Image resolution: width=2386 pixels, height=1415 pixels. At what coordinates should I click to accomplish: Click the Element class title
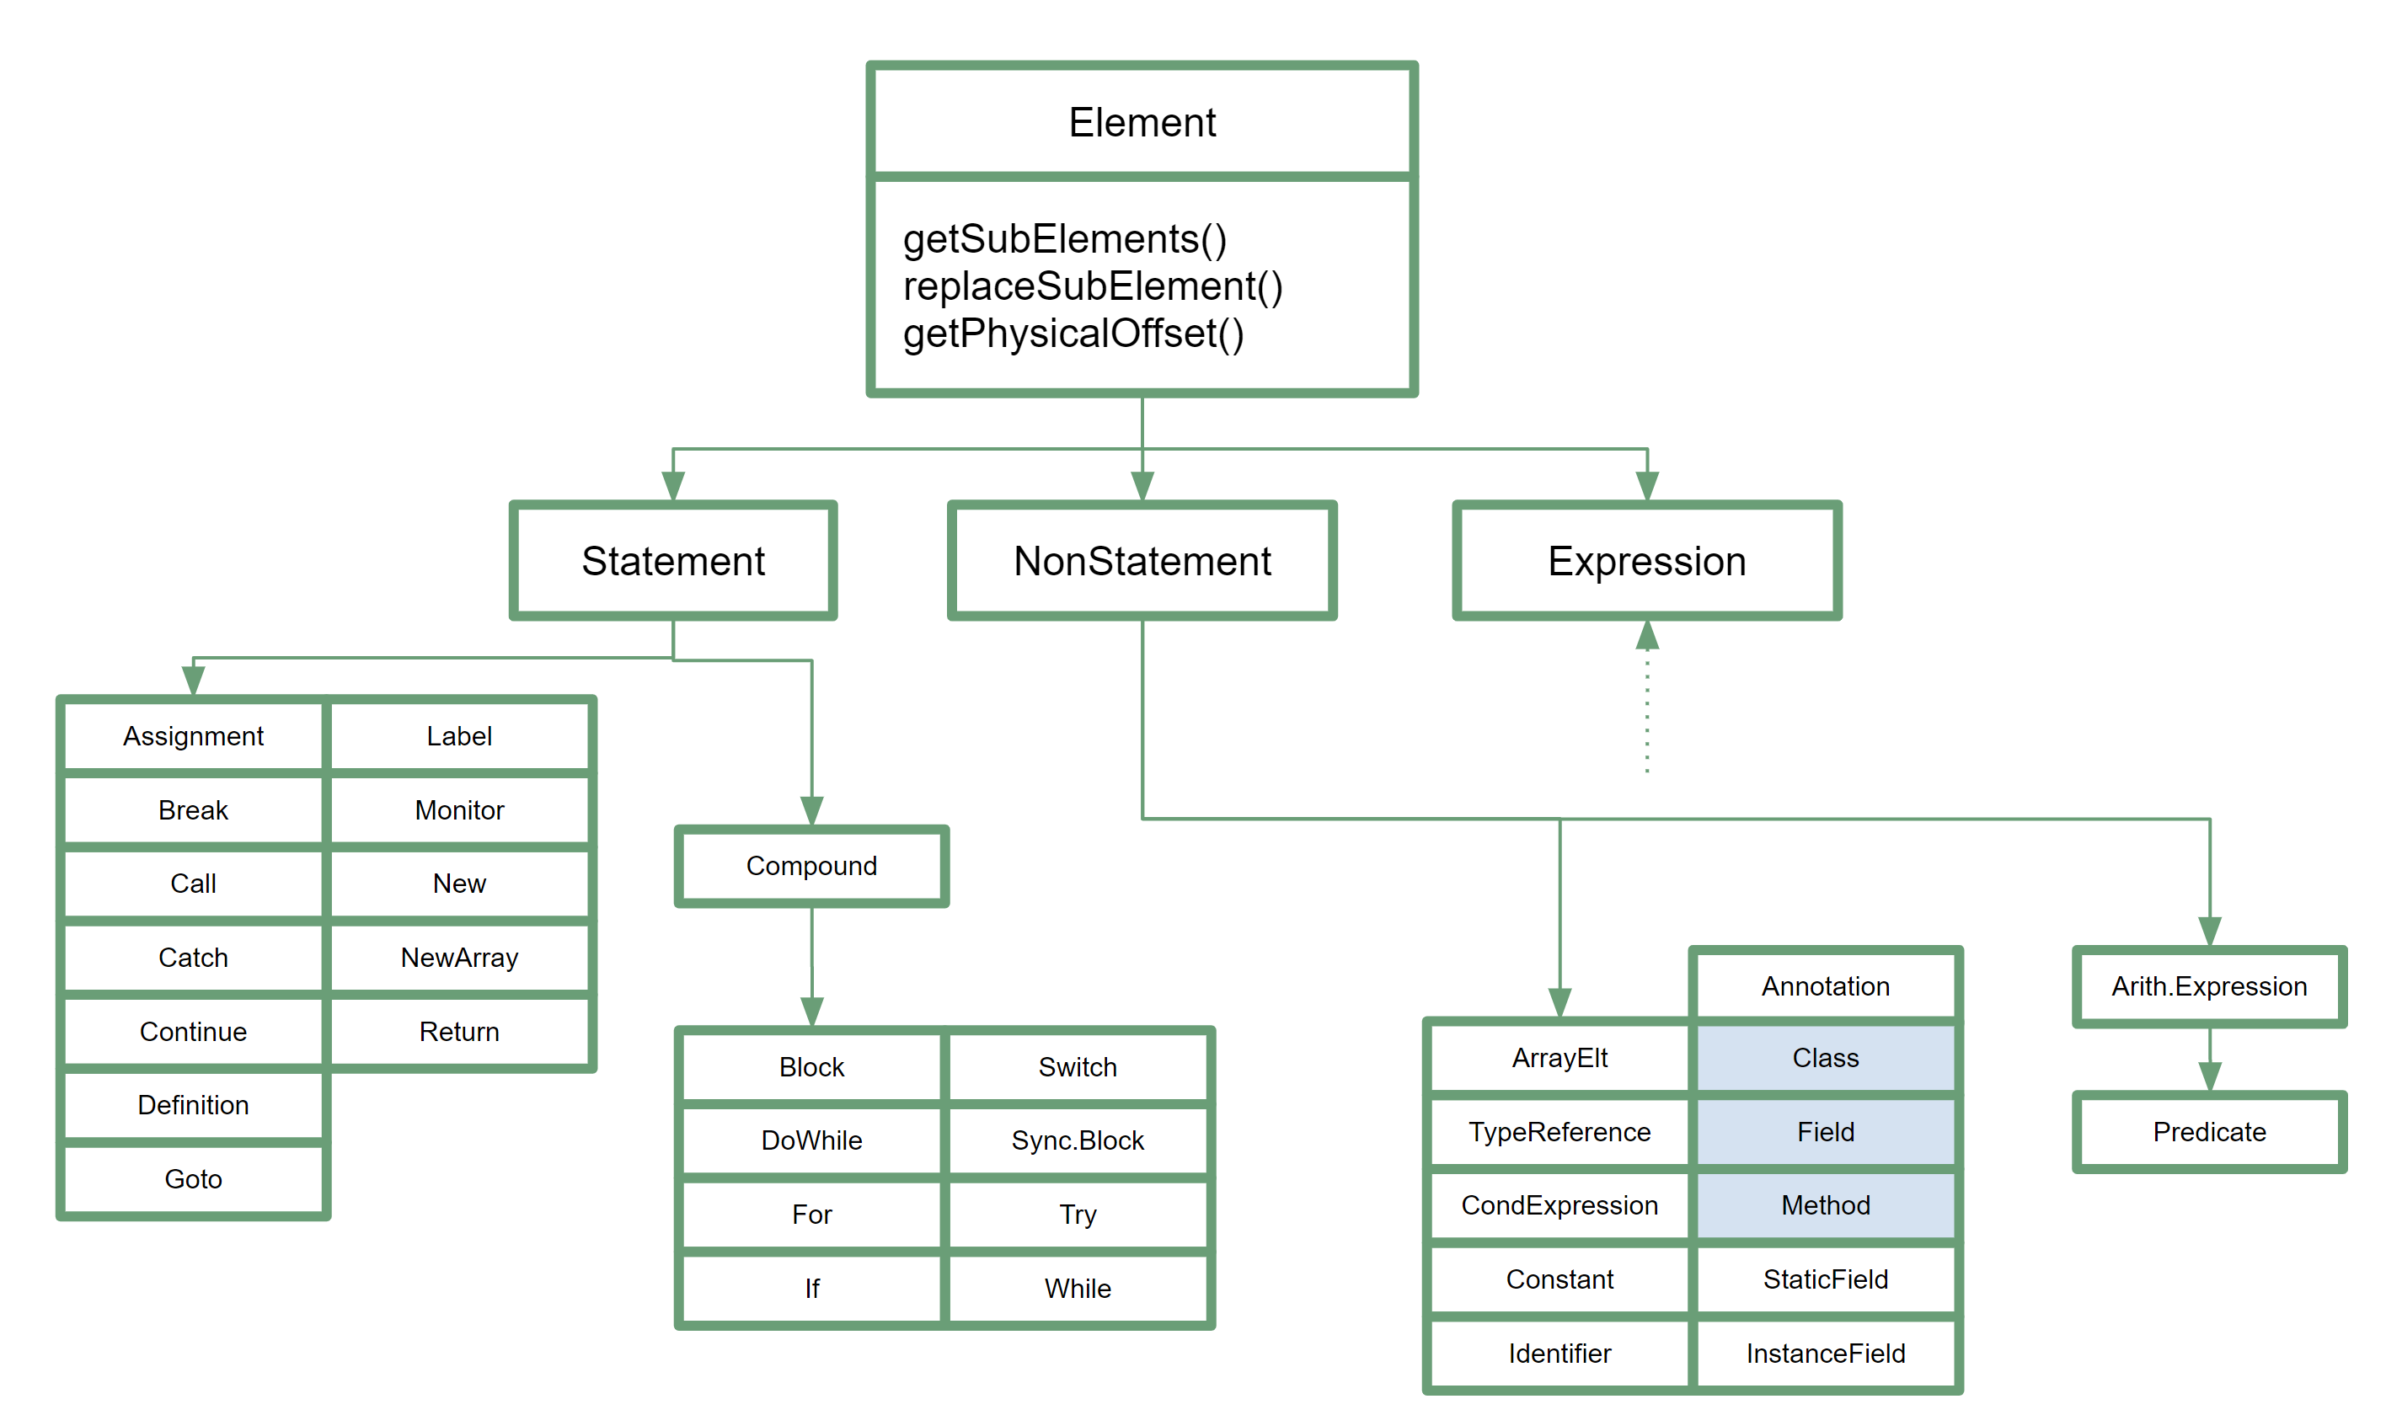pyautogui.click(x=1142, y=122)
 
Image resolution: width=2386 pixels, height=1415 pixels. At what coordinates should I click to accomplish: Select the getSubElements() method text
pyautogui.click(x=1064, y=238)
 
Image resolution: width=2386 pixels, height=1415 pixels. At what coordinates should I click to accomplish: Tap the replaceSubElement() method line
pyautogui.click(x=1093, y=286)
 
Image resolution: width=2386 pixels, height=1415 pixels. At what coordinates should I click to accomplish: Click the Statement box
pyautogui.click(x=673, y=561)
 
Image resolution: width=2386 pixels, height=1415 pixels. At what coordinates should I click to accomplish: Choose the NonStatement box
pyautogui.click(x=1142, y=561)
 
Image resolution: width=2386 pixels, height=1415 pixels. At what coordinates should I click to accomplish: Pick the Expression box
pyautogui.click(x=1647, y=561)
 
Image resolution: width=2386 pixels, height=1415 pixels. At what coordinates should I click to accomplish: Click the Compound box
pyautogui.click(x=811, y=866)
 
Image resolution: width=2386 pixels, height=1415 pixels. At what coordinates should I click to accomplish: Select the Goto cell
pyautogui.click(x=194, y=1179)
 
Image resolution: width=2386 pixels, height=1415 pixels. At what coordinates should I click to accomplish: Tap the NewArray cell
pyautogui.click(x=460, y=958)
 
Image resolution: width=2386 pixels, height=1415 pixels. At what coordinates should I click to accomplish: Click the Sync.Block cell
pyautogui.click(x=1078, y=1140)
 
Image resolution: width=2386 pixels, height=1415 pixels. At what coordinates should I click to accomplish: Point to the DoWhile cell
pyautogui.click(x=811, y=1140)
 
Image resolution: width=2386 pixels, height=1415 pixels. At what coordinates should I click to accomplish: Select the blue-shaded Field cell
pyautogui.click(x=1825, y=1132)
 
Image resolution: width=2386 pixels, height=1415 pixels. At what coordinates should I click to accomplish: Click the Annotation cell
pyautogui.click(x=1825, y=986)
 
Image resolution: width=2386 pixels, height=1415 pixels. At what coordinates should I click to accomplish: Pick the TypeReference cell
pyautogui.click(x=1559, y=1132)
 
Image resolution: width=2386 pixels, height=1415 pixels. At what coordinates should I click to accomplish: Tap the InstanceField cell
pyautogui.click(x=1825, y=1353)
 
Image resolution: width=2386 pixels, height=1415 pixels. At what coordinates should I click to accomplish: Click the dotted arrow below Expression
pyautogui.click(x=1647, y=696)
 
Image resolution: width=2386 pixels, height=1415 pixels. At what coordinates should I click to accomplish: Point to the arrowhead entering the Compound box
pyautogui.click(x=811, y=811)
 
